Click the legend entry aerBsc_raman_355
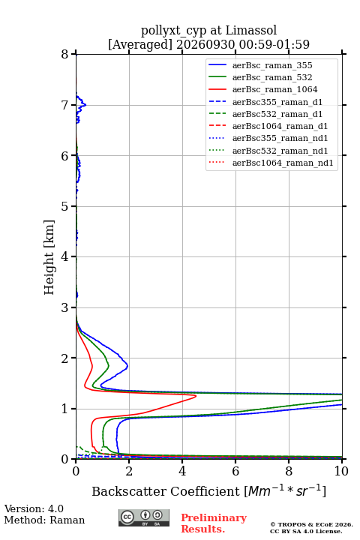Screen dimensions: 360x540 click(x=272, y=65)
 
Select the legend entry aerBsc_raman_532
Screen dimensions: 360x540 click(x=272, y=77)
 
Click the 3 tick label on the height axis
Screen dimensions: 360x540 click(x=65, y=307)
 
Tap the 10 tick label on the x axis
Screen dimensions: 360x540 click(x=341, y=471)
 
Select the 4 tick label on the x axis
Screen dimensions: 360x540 click(x=182, y=471)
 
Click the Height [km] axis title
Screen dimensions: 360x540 click(x=49, y=257)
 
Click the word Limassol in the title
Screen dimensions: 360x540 click(x=251, y=31)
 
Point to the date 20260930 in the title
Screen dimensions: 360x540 click(x=205, y=44)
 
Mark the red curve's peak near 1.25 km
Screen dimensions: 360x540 click(x=196, y=396)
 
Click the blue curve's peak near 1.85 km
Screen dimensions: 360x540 click(x=127, y=367)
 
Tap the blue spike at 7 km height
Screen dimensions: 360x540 click(x=85, y=105)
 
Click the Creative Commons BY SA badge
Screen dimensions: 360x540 click(x=144, y=517)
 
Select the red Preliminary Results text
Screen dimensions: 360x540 click(x=214, y=523)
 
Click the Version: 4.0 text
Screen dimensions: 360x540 click(x=34, y=508)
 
